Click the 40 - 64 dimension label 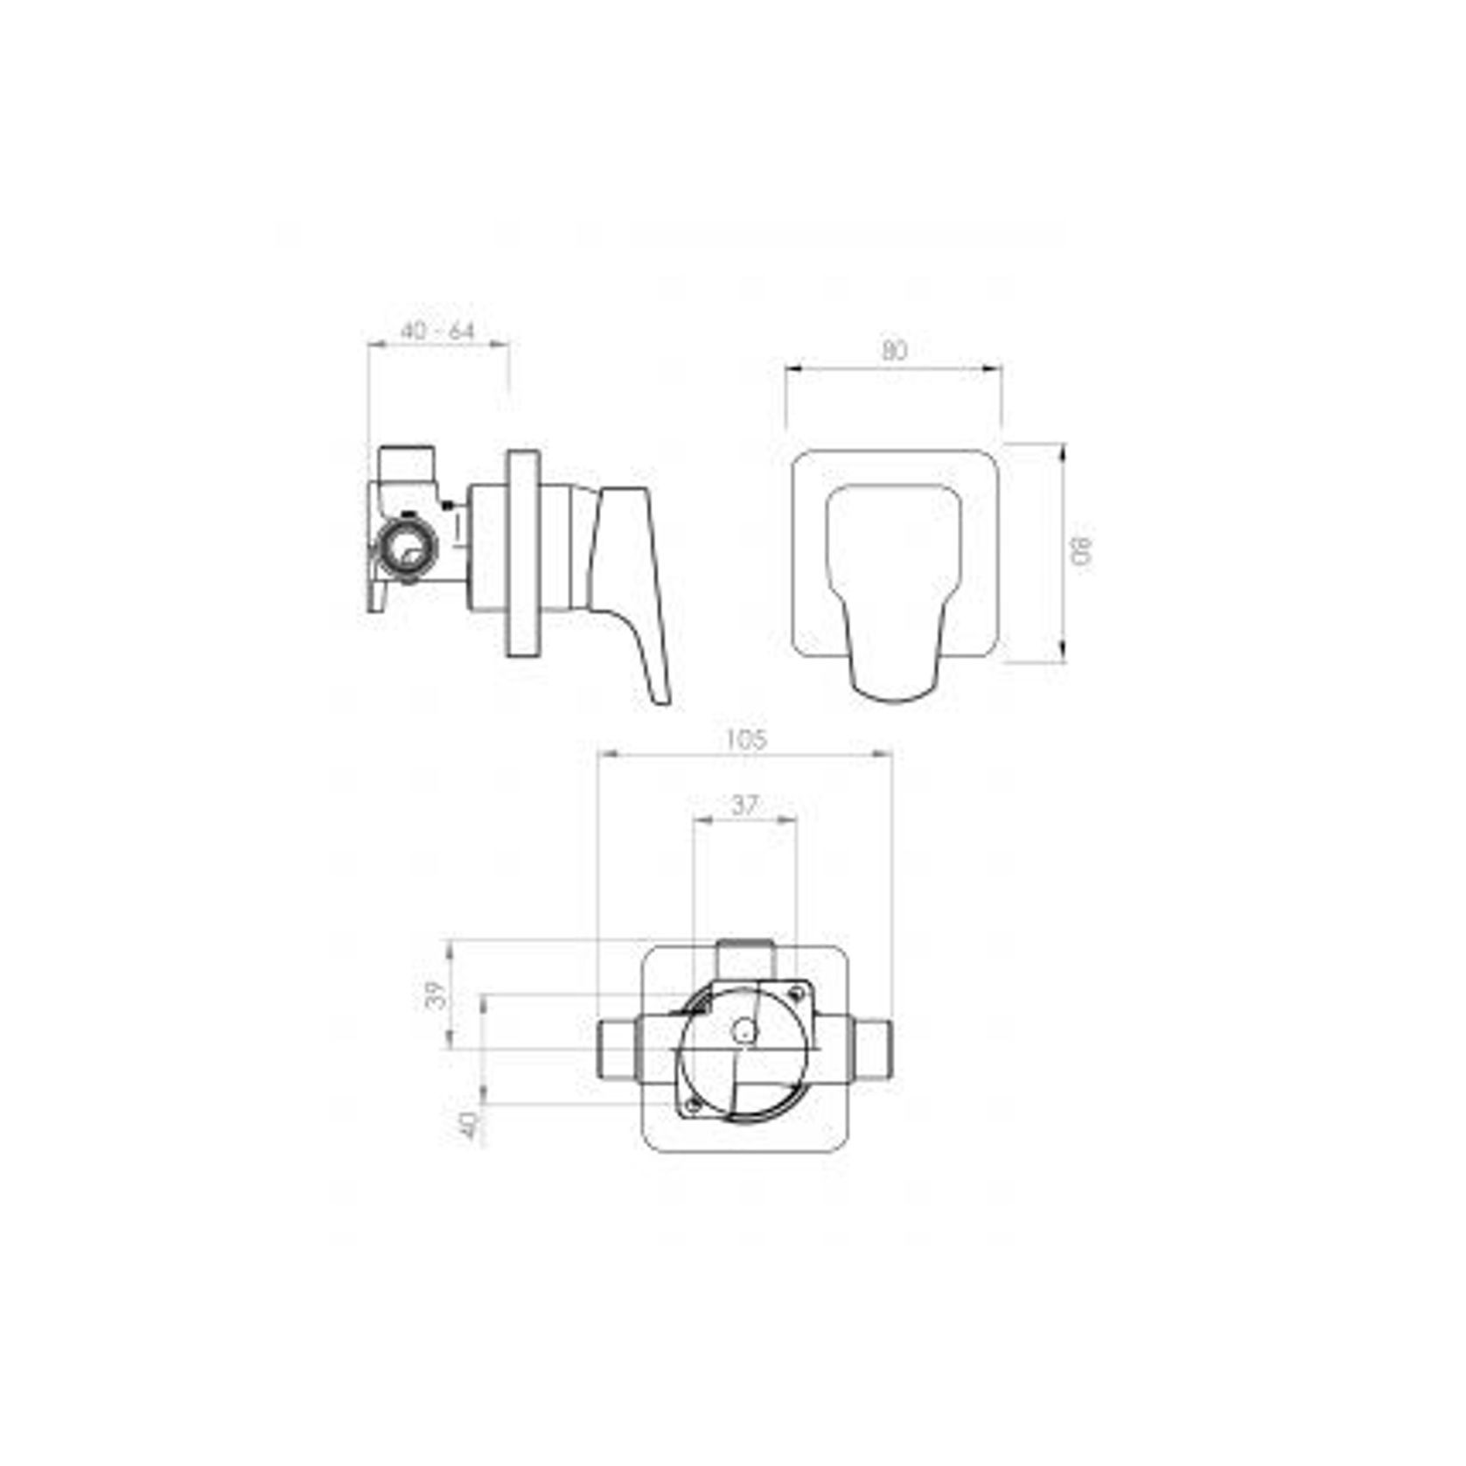pyautogui.click(x=437, y=332)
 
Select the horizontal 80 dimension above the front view pyautogui.click(x=893, y=351)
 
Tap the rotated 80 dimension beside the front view pyautogui.click(x=1082, y=552)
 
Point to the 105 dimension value pyautogui.click(x=746, y=739)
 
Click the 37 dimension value pyautogui.click(x=743, y=805)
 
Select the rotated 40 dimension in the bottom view pyautogui.click(x=471, y=1126)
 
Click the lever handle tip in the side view pyautogui.click(x=660, y=695)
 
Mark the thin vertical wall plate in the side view pyautogui.click(x=522, y=553)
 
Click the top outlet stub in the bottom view pyautogui.click(x=744, y=959)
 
